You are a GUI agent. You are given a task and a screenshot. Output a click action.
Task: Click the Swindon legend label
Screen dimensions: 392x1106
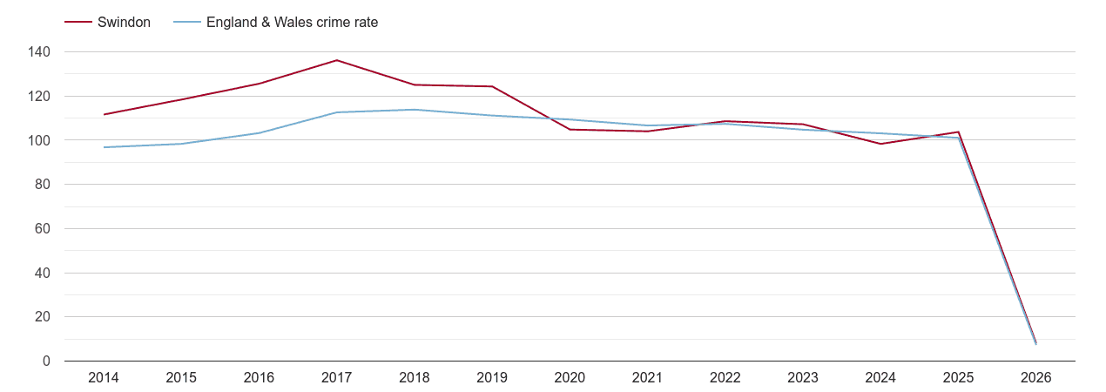pos(124,23)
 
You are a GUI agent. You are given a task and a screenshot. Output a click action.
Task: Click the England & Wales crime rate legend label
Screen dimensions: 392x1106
pos(292,23)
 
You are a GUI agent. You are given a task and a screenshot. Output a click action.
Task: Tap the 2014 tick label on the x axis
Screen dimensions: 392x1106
pos(104,378)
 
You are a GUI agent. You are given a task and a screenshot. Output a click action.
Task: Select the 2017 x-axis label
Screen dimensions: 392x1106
pos(337,378)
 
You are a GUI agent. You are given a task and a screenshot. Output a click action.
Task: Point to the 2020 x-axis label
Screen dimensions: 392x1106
pos(570,378)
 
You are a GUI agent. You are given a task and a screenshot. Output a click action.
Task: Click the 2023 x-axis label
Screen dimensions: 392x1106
pos(803,378)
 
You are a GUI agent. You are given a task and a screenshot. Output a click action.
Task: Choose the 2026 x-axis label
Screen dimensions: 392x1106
pos(1036,378)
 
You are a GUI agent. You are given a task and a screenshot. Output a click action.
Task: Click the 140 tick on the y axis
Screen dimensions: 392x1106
pos(39,52)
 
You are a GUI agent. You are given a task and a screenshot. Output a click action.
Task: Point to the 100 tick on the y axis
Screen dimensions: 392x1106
pos(39,140)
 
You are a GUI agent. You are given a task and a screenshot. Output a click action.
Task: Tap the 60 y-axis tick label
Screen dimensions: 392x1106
pos(43,229)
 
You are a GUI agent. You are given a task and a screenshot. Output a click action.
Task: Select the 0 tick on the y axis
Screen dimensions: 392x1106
pos(46,362)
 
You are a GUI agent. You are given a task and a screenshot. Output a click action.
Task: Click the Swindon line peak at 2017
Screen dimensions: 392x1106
pos(337,60)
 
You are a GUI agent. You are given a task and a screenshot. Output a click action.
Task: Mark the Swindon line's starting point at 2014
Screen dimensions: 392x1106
pos(104,114)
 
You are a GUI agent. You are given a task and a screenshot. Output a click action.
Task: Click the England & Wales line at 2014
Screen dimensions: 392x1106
pos(104,147)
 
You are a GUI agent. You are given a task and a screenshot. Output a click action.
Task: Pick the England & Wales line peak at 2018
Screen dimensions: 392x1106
pos(415,110)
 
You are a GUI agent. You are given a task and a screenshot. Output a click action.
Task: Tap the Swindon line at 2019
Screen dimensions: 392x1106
pos(492,86)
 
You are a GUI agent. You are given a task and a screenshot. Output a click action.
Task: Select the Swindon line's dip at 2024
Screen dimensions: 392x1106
pos(880,144)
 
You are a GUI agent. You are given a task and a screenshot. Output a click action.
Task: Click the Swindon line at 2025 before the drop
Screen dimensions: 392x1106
pos(958,132)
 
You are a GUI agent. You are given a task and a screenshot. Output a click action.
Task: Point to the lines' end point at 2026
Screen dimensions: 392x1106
pos(1035,342)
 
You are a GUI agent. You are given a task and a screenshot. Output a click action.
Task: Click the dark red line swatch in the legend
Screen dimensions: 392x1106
pos(78,23)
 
